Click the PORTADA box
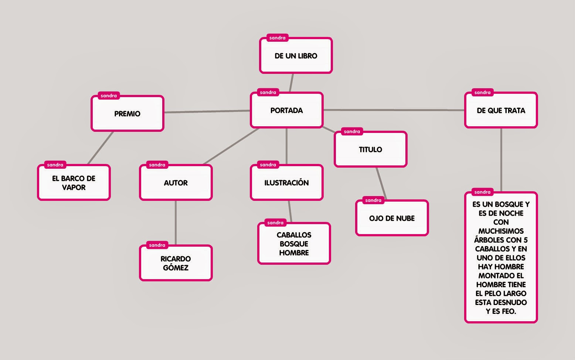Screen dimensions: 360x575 click(x=286, y=110)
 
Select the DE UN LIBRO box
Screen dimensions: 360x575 click(x=296, y=56)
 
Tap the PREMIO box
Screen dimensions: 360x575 click(x=127, y=114)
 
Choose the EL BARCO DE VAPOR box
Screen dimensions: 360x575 click(x=74, y=183)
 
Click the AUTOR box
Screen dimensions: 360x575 click(x=176, y=183)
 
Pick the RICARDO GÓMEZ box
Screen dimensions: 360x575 click(x=176, y=263)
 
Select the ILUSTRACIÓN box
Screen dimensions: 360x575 click(x=286, y=183)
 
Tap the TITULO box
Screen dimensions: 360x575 click(x=370, y=150)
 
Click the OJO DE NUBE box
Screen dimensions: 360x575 click(x=392, y=218)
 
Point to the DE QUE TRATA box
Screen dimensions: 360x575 click(x=501, y=110)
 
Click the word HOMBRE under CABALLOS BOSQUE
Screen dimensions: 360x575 click(x=294, y=253)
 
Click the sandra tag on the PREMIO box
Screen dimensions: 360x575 click(x=109, y=96)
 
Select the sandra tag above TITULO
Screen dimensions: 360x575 click(x=352, y=132)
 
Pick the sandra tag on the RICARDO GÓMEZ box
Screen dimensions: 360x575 click(x=157, y=245)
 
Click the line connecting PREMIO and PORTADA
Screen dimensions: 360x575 click(x=207, y=112)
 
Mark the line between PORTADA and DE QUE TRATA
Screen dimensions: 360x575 click(x=394, y=110)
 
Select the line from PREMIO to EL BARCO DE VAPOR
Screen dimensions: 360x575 click(x=101, y=148)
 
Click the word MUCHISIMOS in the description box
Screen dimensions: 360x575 click(x=501, y=231)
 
